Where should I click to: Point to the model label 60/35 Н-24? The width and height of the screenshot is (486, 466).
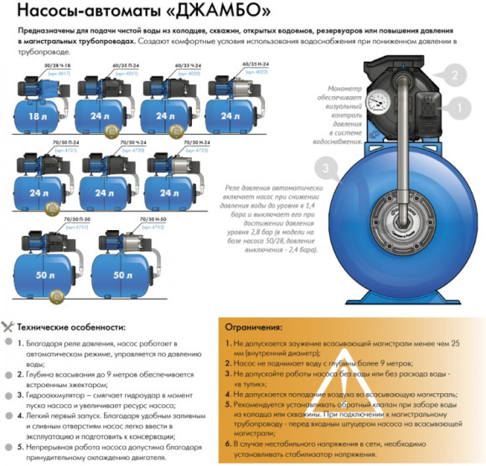click(x=255, y=64)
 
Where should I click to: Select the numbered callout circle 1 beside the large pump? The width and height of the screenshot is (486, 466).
click(x=458, y=108)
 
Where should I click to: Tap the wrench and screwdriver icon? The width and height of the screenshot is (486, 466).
click(x=9, y=326)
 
